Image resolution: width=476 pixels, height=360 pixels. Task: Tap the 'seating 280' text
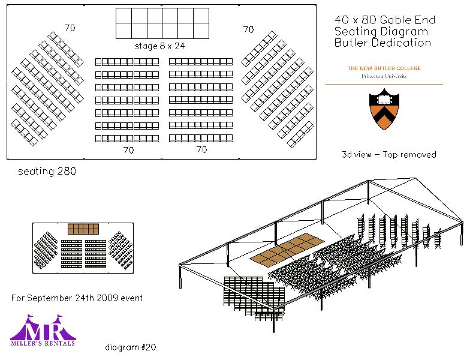tap(47, 171)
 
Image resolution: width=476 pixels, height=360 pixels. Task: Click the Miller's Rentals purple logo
tap(43, 331)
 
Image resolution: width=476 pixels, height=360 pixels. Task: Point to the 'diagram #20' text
tap(131, 347)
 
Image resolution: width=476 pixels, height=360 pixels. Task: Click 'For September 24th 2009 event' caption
tap(77, 298)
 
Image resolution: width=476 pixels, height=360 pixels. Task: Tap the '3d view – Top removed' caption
tap(388, 154)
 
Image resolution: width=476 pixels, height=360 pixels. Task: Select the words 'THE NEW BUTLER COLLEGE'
tap(384, 68)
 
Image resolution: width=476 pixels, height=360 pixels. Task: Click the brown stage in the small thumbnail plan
tap(83, 229)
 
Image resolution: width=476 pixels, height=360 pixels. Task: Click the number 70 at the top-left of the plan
tap(70, 28)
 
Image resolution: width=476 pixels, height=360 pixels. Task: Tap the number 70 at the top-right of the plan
tap(248, 29)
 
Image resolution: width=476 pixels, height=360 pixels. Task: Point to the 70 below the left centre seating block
tap(128, 151)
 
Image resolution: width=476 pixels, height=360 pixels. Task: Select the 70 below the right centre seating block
tap(202, 149)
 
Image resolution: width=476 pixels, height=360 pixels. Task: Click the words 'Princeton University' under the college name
tap(384, 77)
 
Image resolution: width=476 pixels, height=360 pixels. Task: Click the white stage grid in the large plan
tap(162, 23)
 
